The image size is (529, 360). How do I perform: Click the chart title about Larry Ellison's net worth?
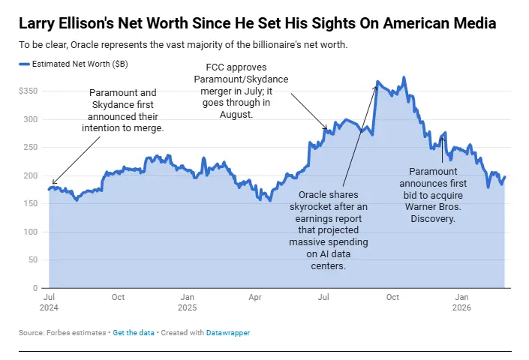pyautogui.click(x=257, y=23)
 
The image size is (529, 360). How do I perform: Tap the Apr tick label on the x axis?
pyautogui.click(x=255, y=297)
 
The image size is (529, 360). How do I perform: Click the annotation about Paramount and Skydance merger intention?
pyautogui.click(x=122, y=110)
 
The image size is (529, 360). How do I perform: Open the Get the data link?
pyautogui.click(x=134, y=331)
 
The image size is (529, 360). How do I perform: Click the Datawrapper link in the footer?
pyautogui.click(x=228, y=331)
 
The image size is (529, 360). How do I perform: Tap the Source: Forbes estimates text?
pyautogui.click(x=62, y=331)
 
